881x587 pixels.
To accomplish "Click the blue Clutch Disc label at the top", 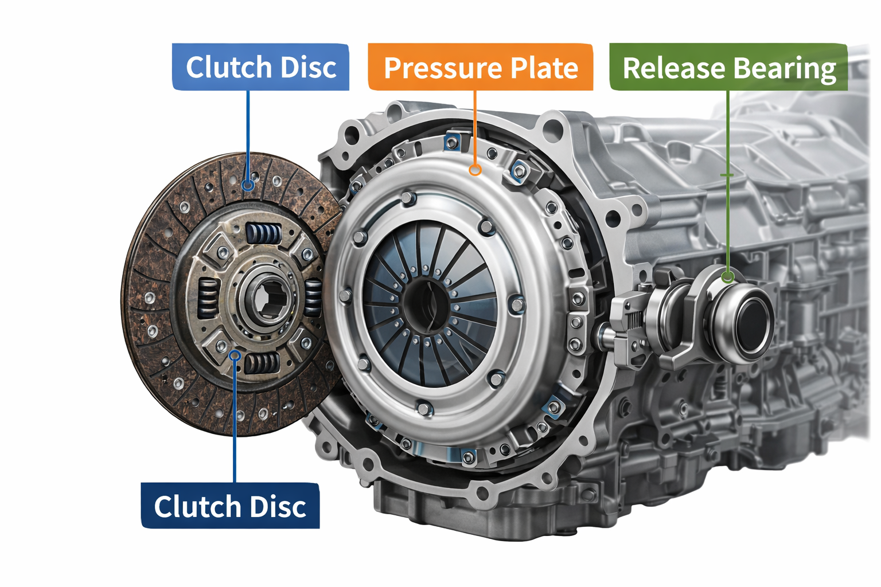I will coord(260,67).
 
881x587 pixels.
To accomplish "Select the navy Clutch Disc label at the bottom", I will coord(230,506).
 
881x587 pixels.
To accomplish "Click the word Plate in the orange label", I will coord(544,68).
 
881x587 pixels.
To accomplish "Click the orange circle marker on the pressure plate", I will coord(474,170).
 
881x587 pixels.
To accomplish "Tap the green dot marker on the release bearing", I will coord(728,277).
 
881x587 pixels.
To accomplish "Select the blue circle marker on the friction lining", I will coord(248,185).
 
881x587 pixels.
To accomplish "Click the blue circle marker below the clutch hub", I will coord(234,355).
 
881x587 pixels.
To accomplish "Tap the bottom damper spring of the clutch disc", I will coord(262,363).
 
